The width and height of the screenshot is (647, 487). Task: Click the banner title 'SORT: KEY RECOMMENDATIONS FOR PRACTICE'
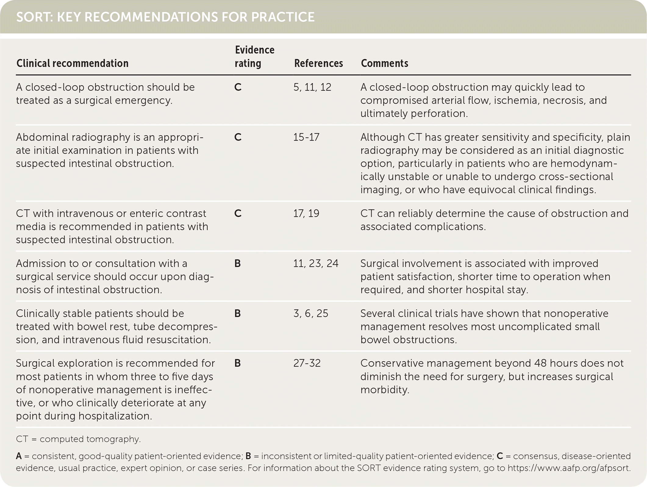click(x=165, y=17)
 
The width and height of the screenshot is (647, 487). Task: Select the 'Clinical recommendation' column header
click(x=72, y=63)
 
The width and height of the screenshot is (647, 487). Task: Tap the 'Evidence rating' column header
click(x=254, y=57)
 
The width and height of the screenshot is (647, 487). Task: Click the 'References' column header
click(x=318, y=63)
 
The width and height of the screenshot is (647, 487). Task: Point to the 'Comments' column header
click(x=384, y=63)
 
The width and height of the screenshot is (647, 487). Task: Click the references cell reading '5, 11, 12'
click(x=312, y=88)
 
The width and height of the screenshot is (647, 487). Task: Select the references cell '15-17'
click(x=306, y=138)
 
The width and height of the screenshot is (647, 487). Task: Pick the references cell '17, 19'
click(x=306, y=213)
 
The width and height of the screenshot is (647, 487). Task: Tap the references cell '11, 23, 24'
click(x=316, y=263)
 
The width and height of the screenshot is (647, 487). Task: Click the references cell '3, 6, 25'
click(x=311, y=313)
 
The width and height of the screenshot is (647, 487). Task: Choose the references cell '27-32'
click(x=307, y=363)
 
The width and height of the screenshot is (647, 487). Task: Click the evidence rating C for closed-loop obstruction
click(x=238, y=88)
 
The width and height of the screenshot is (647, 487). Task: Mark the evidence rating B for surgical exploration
click(x=238, y=363)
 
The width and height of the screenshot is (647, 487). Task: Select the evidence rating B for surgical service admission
click(x=238, y=263)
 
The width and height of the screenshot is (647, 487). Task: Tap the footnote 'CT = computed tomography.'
click(x=78, y=439)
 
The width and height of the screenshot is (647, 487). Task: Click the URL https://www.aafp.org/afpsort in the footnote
click(x=568, y=468)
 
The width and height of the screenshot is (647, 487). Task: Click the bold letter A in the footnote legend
click(x=19, y=456)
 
